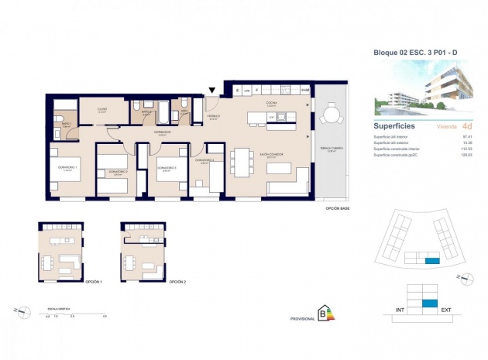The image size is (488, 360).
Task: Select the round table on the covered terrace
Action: (332, 117)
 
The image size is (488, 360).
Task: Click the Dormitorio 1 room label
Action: (69, 168)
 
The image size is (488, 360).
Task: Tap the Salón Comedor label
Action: (270, 155)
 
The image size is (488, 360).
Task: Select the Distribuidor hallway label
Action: (161, 132)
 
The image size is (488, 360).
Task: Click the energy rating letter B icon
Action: (322, 314)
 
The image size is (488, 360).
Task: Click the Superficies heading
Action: (394, 125)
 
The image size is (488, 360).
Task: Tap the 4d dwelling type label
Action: (466, 125)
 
